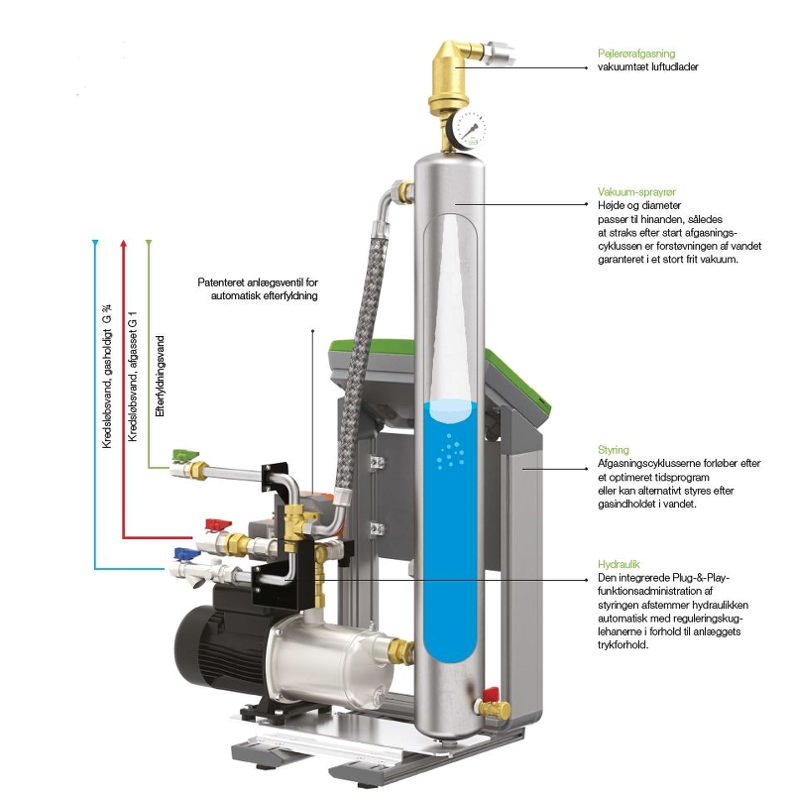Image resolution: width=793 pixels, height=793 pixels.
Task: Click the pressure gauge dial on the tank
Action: click(473, 127)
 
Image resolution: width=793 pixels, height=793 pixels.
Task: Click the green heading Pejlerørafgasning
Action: click(635, 54)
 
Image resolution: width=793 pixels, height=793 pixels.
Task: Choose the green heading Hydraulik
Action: click(619, 562)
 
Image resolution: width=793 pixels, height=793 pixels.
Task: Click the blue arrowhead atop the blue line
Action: click(95, 243)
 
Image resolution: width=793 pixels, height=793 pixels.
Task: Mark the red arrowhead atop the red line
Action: click(122, 243)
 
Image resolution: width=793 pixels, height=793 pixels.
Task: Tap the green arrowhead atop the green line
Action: click(149, 243)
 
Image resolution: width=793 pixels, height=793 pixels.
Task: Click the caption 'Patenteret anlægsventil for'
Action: click(258, 282)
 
